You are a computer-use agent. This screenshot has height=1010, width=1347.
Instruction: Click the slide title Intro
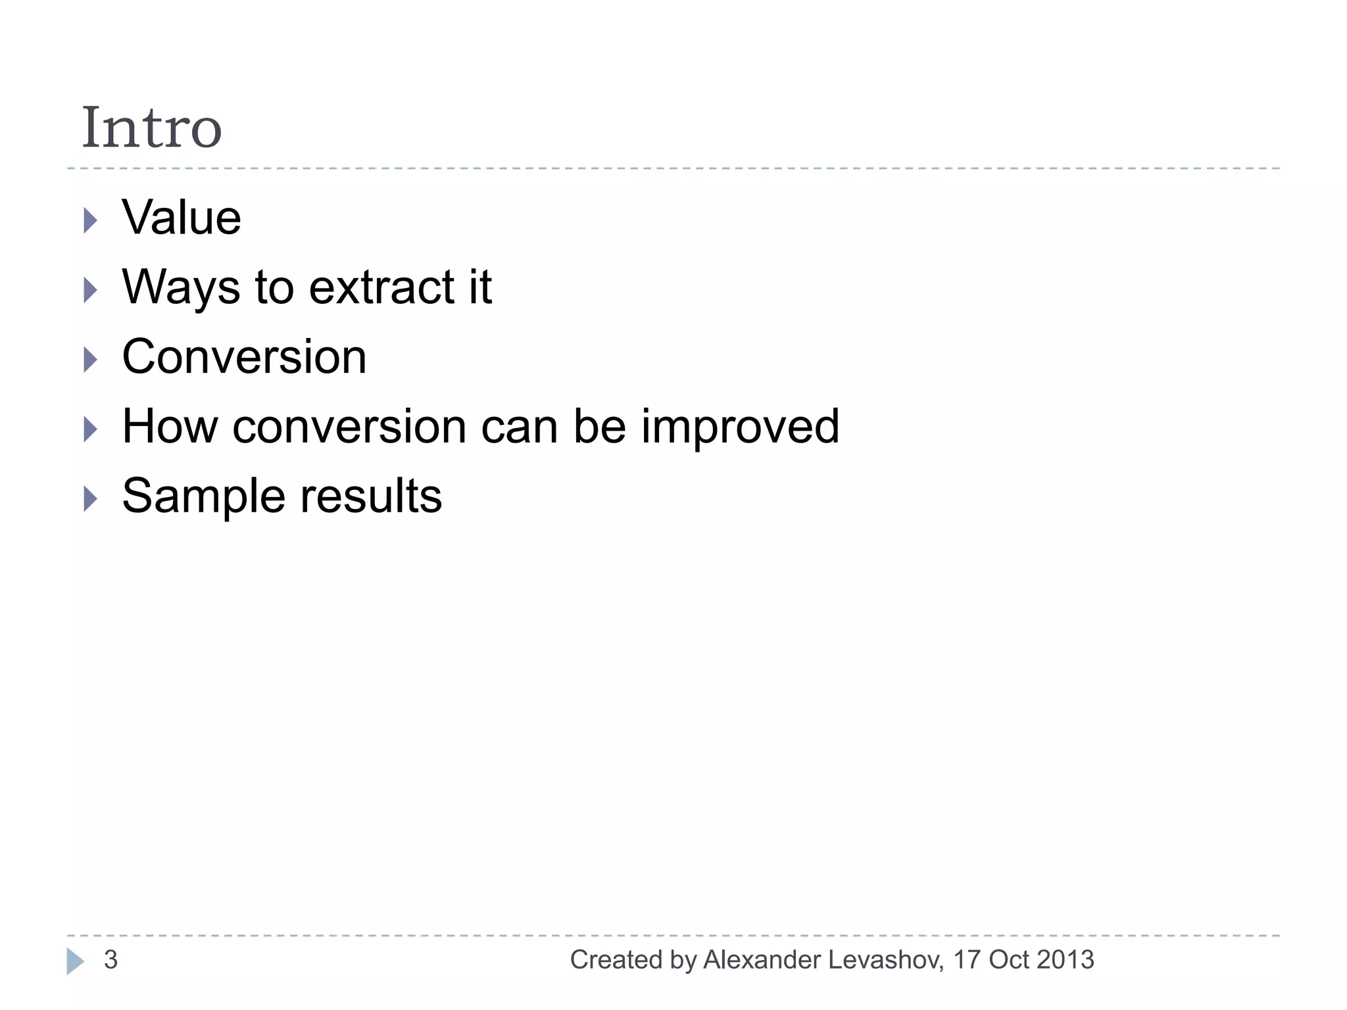point(151,128)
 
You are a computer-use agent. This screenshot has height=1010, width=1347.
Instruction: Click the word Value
point(182,218)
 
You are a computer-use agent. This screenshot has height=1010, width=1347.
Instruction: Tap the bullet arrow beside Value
point(91,220)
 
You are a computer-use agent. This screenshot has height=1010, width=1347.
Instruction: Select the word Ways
point(182,288)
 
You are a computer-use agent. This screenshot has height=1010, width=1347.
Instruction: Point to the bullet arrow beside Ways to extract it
point(91,290)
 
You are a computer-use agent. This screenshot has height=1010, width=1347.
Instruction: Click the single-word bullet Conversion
point(244,357)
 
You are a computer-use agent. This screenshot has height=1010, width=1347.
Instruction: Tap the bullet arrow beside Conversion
point(91,360)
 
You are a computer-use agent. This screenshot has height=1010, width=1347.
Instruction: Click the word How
point(170,427)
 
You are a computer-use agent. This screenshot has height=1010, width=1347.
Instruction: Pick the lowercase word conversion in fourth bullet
point(349,427)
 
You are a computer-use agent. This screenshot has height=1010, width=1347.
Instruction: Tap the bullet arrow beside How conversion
point(91,429)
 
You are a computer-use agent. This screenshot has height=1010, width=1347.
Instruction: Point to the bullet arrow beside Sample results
point(91,499)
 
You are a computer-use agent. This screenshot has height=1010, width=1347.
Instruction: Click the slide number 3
point(110,960)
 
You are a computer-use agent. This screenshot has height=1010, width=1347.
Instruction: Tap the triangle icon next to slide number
point(75,961)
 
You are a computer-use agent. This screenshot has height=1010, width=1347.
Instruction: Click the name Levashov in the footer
point(886,960)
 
